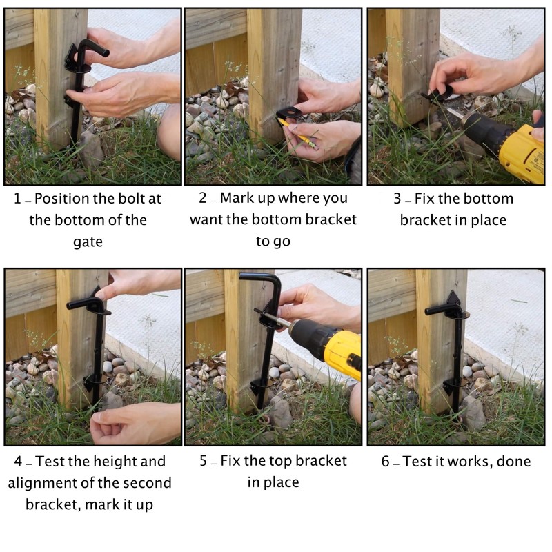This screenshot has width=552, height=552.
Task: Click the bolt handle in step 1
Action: click(x=92, y=48)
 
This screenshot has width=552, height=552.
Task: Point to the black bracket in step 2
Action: click(x=289, y=113)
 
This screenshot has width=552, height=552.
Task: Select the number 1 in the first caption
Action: click(x=17, y=199)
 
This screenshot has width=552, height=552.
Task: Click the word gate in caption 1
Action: click(x=88, y=242)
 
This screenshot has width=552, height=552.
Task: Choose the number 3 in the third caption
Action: click(x=397, y=199)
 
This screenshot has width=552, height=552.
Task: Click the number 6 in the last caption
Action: click(x=386, y=461)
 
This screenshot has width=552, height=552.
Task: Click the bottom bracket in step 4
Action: click(x=94, y=383)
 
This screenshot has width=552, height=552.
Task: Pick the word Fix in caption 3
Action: click(x=424, y=199)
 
